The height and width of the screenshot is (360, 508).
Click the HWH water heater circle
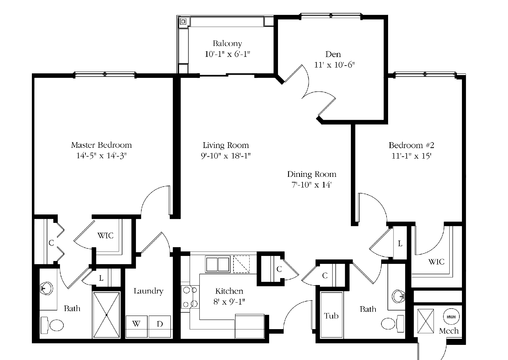[x=451, y=317]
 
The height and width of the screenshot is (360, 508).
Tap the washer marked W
[x=137, y=326]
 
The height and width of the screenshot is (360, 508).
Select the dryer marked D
[x=160, y=326]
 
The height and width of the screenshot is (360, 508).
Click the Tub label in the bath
[x=331, y=316]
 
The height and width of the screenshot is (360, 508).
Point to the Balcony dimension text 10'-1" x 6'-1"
[x=227, y=54]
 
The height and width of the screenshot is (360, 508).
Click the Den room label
[x=333, y=54]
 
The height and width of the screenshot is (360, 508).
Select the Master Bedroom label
[x=101, y=145]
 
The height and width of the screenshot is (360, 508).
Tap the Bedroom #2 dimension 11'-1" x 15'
[x=411, y=156]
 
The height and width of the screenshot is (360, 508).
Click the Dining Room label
[x=312, y=174]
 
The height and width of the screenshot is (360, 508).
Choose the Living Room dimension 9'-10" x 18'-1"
[x=226, y=156]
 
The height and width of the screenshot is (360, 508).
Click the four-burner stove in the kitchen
[x=190, y=297]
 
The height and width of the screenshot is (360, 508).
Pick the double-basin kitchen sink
[x=218, y=264]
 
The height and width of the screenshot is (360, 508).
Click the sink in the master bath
[x=47, y=288]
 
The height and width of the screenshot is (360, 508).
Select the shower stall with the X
[x=106, y=315]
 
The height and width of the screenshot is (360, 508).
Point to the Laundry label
[x=148, y=291]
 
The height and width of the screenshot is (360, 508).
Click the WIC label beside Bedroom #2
[x=436, y=262]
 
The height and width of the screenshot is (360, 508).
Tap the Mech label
[x=449, y=331]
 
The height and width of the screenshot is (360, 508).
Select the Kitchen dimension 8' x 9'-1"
[x=229, y=302]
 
